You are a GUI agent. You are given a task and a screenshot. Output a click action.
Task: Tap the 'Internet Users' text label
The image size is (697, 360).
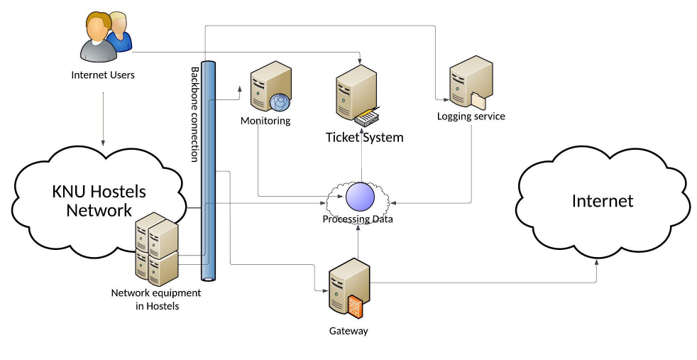click(103, 75)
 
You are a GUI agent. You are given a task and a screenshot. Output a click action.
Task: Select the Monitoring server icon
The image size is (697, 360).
click(270, 86)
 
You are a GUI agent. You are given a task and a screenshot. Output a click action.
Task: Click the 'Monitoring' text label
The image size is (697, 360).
click(265, 121)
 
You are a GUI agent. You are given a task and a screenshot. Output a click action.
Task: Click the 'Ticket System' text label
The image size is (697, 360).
click(364, 137)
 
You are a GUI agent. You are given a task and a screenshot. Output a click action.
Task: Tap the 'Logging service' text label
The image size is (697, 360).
click(471, 116)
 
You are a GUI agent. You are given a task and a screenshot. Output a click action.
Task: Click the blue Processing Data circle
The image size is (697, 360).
click(359, 197)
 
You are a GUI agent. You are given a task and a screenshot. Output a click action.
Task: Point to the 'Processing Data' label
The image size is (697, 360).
click(358, 219)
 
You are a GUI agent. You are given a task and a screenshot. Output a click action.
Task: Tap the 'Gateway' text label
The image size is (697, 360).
click(348, 331)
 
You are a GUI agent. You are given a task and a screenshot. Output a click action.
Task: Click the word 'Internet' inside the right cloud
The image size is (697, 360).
click(602, 201)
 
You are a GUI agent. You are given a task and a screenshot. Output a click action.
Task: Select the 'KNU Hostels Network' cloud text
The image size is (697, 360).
click(99, 201)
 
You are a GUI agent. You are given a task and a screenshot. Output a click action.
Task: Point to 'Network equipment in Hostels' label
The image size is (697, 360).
click(156, 299)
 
